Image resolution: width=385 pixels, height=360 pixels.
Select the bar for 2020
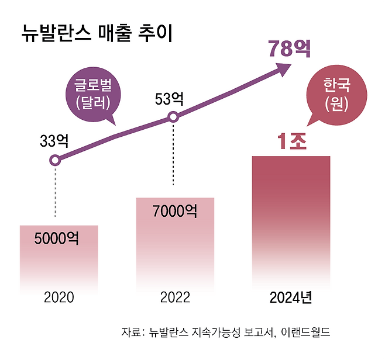(59, 257)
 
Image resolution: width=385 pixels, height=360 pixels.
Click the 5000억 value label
(56, 238)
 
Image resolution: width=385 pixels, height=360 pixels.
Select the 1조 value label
(291, 142)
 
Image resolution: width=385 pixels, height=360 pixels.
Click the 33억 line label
(54, 141)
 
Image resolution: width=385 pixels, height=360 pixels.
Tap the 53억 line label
(169, 99)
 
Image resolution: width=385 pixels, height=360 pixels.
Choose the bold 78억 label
(289, 50)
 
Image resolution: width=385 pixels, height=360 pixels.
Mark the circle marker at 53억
(173, 117)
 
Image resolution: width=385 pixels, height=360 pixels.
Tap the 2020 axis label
(59, 297)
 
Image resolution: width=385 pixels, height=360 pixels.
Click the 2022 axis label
(175, 297)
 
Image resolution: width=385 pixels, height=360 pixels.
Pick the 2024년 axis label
(291, 297)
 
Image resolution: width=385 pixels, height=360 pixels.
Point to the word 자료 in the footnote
(131, 333)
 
